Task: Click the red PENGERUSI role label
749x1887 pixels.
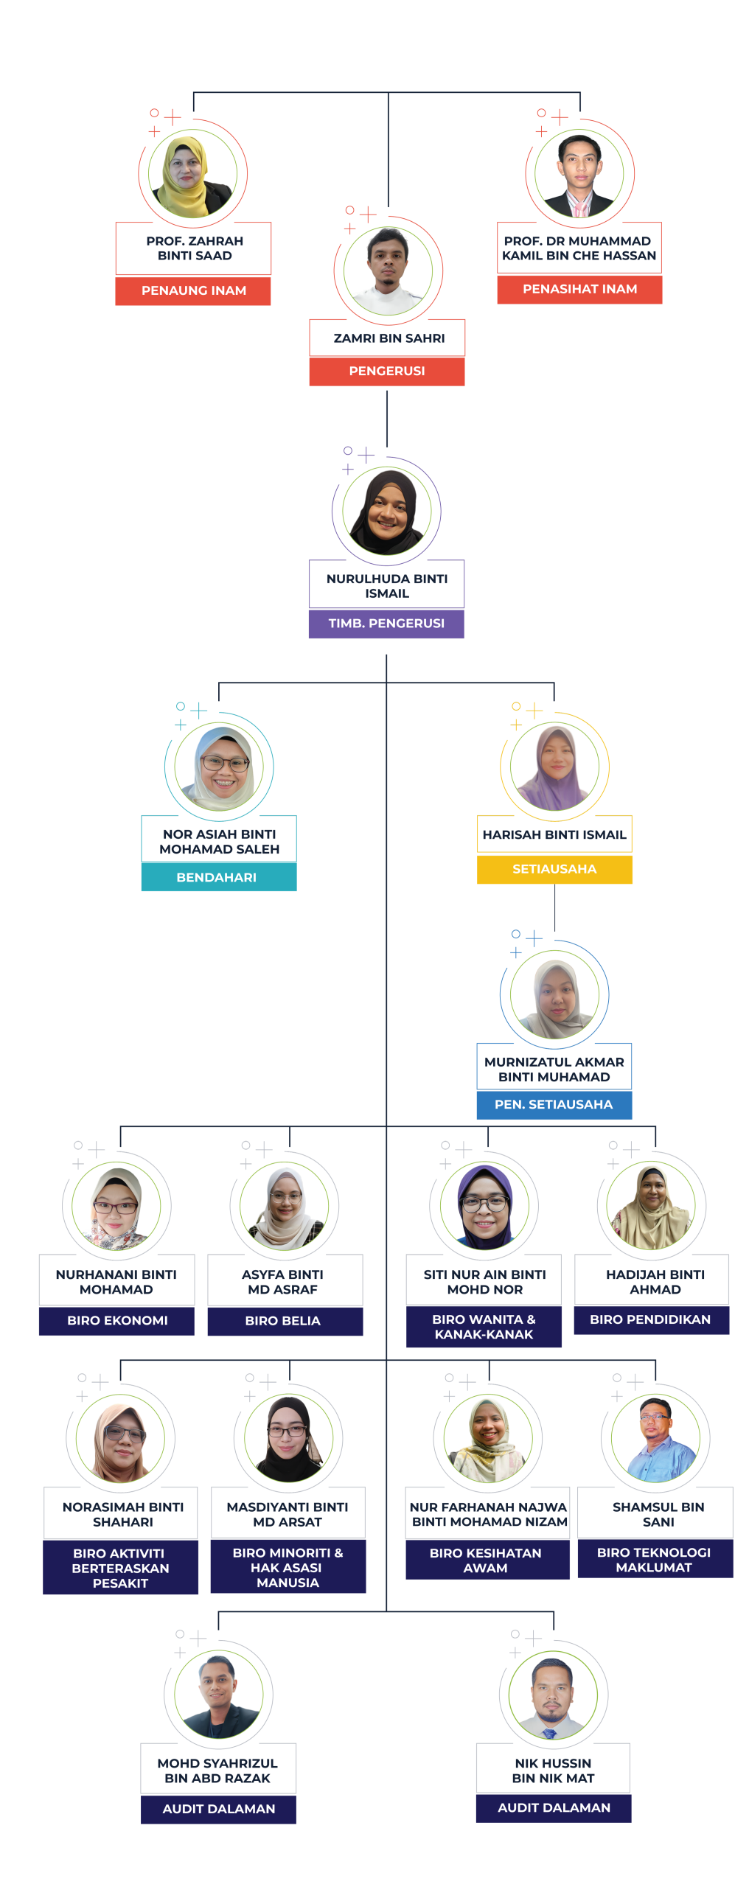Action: tap(387, 372)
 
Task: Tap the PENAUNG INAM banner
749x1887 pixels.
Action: tap(193, 291)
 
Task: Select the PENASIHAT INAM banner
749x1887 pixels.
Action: tap(579, 290)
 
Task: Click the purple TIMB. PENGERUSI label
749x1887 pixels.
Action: tap(386, 624)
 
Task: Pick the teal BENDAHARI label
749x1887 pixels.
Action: tap(218, 877)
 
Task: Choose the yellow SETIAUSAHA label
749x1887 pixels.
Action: tap(554, 869)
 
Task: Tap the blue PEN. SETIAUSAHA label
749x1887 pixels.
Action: tap(554, 1104)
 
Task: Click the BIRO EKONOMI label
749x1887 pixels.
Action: tap(116, 1321)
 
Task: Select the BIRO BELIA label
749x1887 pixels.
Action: tap(285, 1321)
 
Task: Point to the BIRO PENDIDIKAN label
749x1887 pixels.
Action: tap(651, 1319)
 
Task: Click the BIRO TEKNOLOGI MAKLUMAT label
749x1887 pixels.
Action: tap(655, 1560)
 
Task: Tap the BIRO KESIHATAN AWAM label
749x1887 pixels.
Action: tap(487, 1560)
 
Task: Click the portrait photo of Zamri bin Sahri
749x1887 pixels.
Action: tap(388, 271)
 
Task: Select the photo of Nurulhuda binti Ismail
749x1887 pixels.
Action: tap(386, 511)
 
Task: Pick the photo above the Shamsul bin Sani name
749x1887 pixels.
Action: tap(655, 1438)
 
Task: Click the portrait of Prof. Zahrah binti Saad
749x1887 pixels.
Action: tap(193, 174)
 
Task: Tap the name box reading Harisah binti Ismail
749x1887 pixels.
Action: tap(554, 834)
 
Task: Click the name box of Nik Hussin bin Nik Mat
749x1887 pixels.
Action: tap(553, 1770)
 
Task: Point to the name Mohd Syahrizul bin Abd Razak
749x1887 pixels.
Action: tap(218, 1771)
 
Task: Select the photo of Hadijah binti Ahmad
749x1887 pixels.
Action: tap(652, 1207)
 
